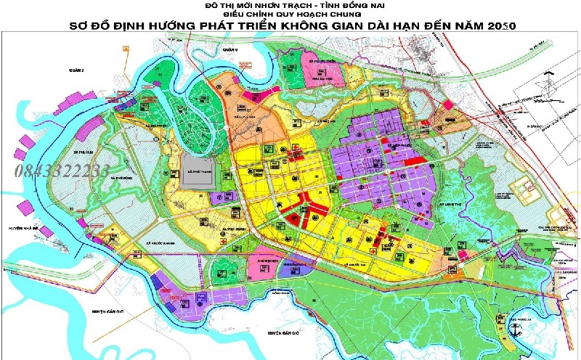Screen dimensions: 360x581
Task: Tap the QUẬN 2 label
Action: pos(66,70)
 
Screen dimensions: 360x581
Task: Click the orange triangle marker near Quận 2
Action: pos(126,46)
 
